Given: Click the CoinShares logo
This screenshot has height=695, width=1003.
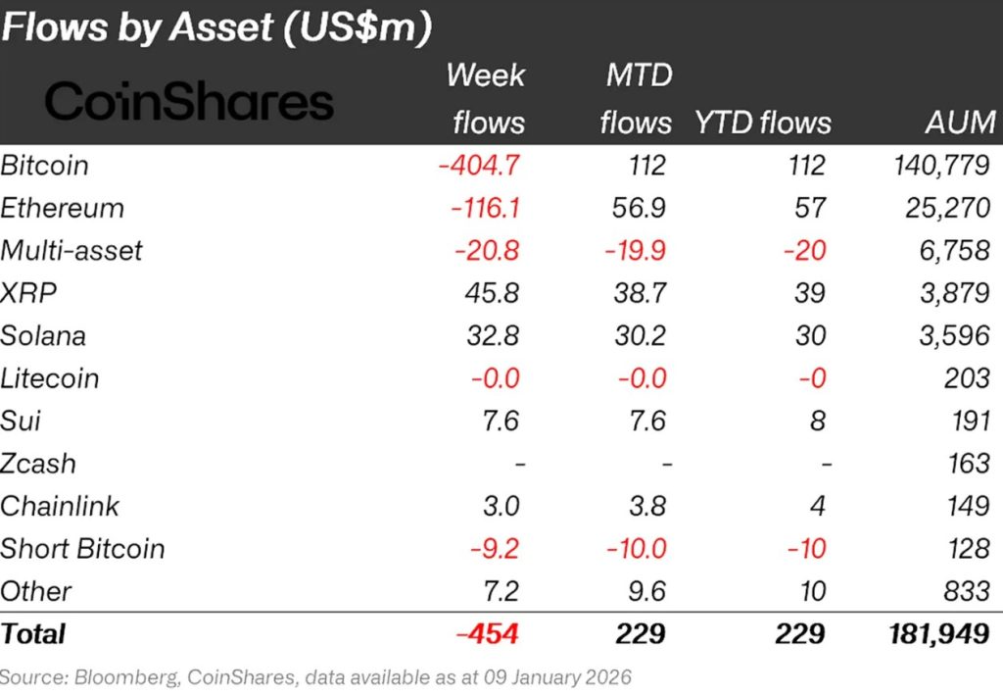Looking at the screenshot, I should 189,102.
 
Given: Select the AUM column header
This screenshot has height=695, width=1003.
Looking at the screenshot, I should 960,123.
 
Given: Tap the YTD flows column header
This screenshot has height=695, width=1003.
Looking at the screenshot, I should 763,123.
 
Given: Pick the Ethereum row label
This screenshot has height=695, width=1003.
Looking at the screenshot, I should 63,208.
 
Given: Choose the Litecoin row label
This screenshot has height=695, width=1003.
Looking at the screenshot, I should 50,378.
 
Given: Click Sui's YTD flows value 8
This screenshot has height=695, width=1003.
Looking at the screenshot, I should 817,421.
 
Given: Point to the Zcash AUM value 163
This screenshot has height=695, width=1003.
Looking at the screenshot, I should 971,463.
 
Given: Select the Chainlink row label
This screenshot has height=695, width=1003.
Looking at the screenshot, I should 60,506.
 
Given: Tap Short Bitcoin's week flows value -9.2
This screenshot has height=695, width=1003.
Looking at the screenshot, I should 496,548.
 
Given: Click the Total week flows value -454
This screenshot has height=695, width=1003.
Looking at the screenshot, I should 487,633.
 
